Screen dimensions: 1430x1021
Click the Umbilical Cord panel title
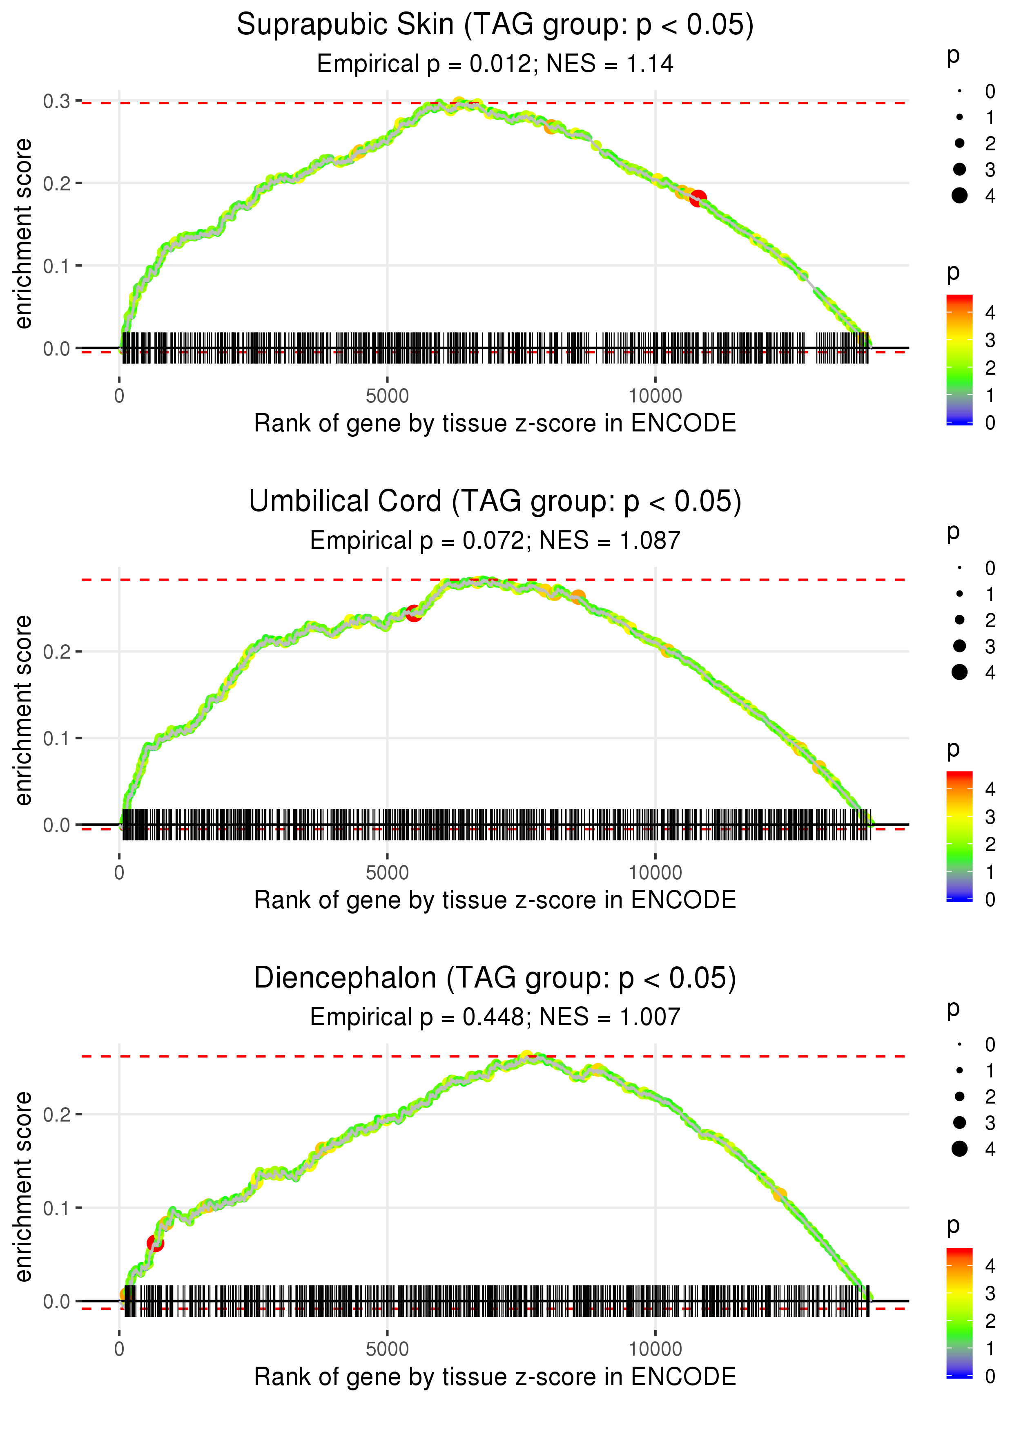495,502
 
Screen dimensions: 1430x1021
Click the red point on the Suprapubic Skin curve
698,199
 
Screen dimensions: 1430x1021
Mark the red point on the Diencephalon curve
155,1243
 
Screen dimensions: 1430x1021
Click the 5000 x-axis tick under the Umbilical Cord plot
387,872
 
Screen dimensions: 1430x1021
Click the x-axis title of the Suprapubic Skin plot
495,424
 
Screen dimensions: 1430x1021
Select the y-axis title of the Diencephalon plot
23,1186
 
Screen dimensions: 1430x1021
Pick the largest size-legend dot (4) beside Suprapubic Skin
959,196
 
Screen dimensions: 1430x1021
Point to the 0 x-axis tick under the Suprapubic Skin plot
119,396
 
